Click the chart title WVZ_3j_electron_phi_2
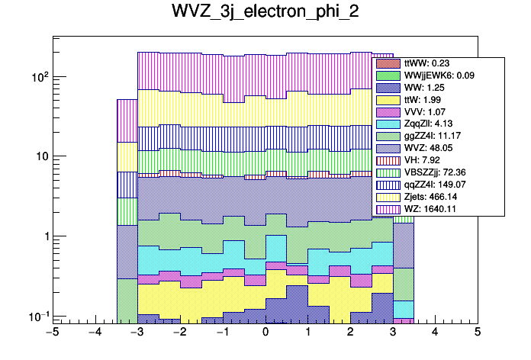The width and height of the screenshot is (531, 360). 265,14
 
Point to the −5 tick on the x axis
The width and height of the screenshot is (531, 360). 53,333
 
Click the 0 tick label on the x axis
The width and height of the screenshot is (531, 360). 265,333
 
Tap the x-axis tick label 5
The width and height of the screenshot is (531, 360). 477,333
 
